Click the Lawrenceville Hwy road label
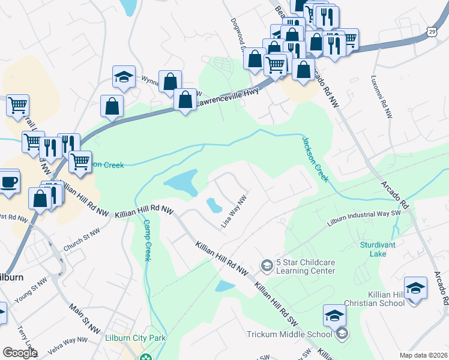228,92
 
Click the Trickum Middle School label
289,334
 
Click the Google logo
20,353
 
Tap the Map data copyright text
423,355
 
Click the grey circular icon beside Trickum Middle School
342,334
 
